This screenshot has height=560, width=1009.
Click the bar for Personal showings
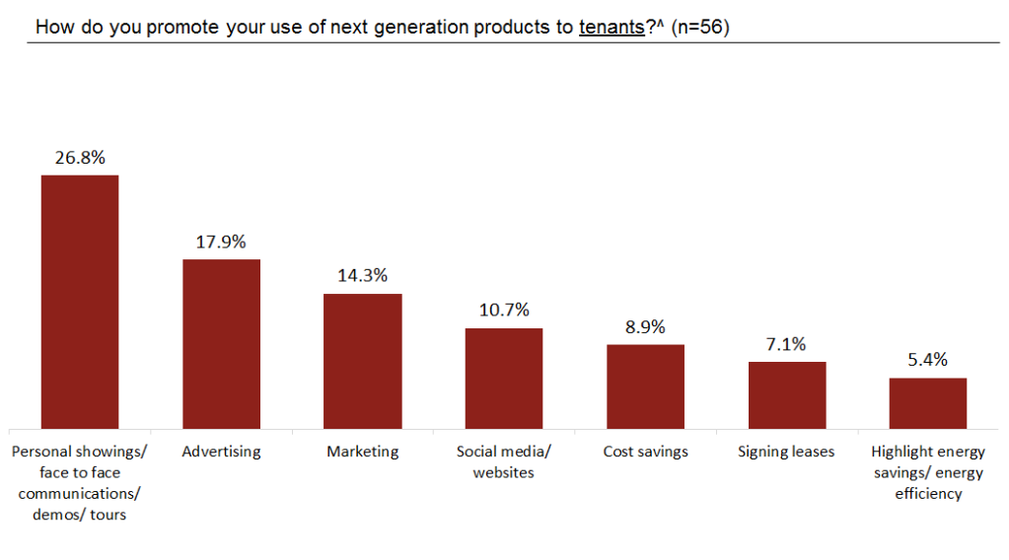80,302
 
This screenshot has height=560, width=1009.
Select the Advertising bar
221,344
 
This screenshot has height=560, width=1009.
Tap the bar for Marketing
363,361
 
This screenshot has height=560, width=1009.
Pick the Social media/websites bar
504,379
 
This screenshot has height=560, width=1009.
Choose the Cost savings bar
645,386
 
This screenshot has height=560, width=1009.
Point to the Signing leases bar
787,395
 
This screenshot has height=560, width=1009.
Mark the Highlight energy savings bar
928,403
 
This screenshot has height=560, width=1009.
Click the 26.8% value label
80,157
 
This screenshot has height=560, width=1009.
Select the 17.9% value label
221,242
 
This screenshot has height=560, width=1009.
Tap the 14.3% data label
363,276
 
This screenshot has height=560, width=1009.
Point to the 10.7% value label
504,311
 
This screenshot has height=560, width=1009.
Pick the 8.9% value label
645,326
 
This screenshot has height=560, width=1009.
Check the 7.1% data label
787,344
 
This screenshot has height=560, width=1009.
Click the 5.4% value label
928,360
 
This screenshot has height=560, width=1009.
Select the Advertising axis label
221,452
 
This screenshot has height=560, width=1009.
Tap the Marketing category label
363,452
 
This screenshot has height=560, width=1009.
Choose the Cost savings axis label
645,452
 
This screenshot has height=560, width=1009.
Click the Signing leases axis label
786,452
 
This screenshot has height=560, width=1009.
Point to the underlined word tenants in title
612,27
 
